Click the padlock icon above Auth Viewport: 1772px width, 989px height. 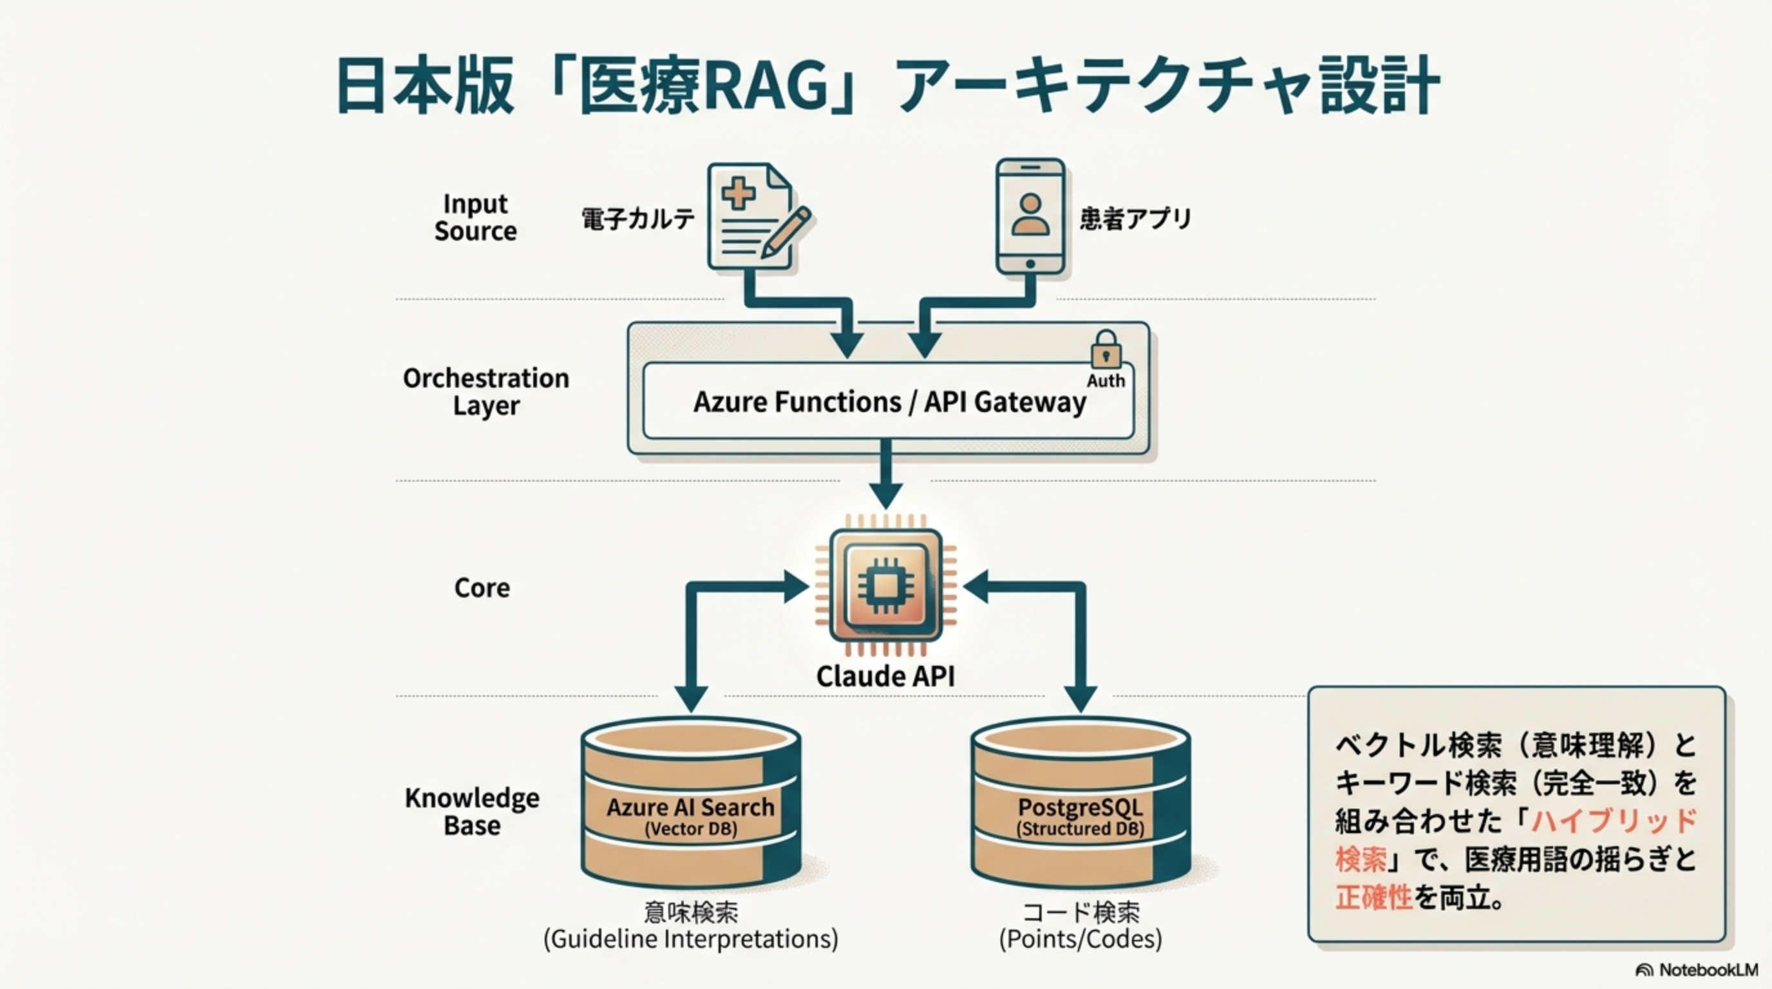1106,350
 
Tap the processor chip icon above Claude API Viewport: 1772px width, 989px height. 885,585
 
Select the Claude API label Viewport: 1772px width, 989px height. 885,676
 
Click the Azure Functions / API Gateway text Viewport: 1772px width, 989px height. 889,402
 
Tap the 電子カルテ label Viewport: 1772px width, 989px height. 637,219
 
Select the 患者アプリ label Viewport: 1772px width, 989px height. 1135,219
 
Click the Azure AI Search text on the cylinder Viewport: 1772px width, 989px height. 690,807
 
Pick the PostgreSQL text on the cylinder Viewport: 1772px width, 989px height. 1080,807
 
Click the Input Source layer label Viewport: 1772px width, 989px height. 475,218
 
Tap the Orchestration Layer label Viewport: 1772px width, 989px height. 485,391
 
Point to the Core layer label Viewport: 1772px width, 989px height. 482,588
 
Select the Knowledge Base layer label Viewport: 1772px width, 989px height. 472,811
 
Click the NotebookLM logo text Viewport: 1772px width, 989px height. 1708,970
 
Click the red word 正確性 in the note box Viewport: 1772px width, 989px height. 1373,898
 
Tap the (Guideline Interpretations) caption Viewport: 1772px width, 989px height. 691,939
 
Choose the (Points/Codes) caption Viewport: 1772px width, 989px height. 1080,939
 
